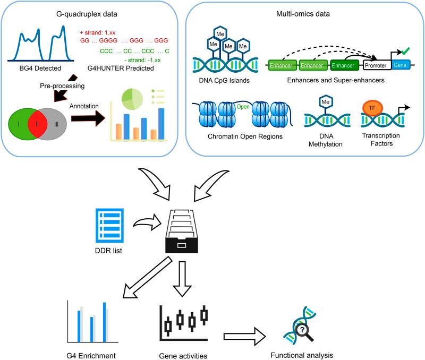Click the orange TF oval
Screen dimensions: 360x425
tap(370, 108)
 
